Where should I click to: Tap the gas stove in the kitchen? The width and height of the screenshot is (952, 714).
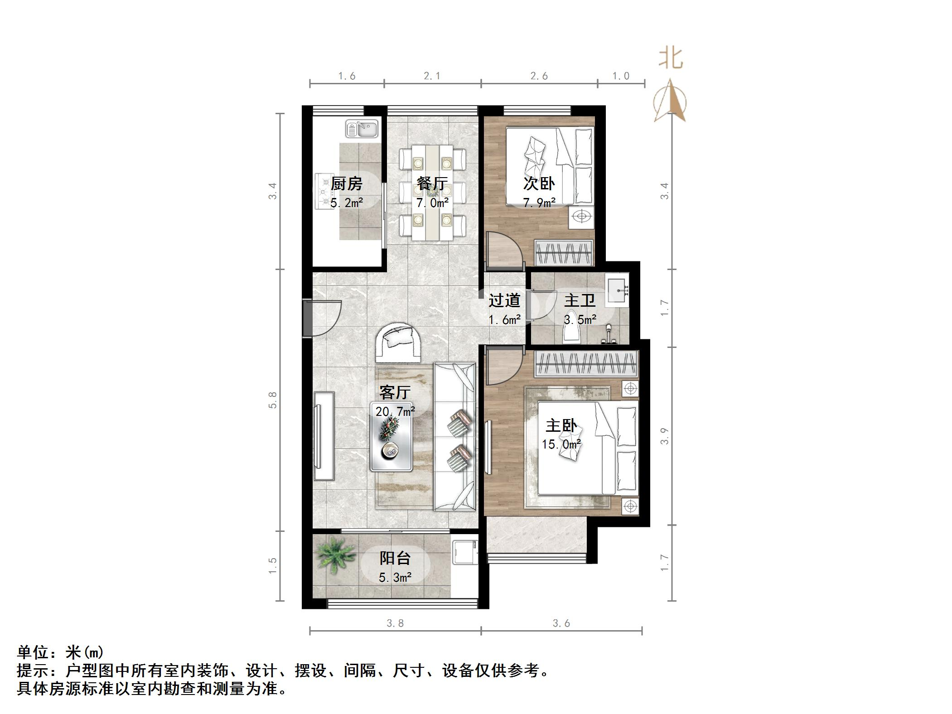[x=325, y=192]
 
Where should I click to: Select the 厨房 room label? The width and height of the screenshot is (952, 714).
[x=347, y=183]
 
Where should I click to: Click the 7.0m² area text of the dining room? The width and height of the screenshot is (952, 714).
[x=433, y=203]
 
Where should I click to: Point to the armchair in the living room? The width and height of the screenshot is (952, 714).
[x=399, y=343]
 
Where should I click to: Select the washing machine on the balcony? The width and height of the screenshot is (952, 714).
[x=465, y=552]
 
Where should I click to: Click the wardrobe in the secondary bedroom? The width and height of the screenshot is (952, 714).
[x=564, y=252]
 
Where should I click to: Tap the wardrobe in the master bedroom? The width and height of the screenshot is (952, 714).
[x=586, y=364]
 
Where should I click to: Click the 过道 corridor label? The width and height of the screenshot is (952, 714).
[x=504, y=300]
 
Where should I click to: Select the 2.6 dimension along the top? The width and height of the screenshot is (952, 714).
[x=539, y=76]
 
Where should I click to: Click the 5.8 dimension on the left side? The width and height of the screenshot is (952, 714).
[x=273, y=400]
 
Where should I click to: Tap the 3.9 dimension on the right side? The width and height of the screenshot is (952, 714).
[x=665, y=436]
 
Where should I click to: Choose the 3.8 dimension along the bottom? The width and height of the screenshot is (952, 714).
[x=395, y=623]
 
